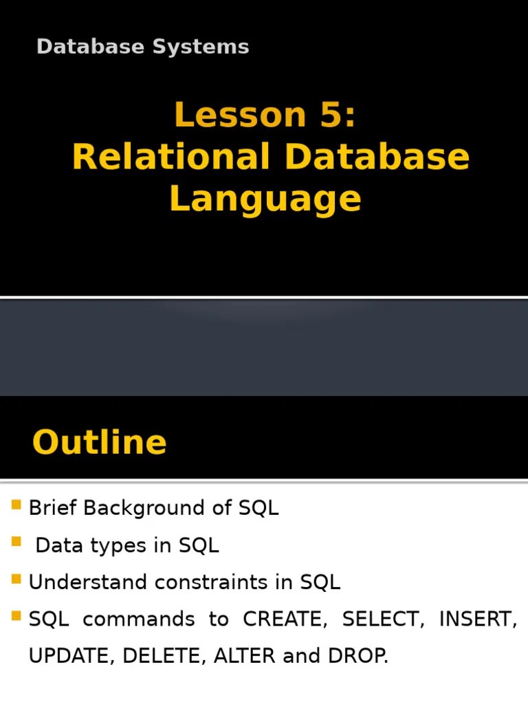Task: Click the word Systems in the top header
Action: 207,47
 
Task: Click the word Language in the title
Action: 265,199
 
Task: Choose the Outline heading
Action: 99,442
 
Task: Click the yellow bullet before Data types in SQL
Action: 16,543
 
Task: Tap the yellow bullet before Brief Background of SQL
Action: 16,507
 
